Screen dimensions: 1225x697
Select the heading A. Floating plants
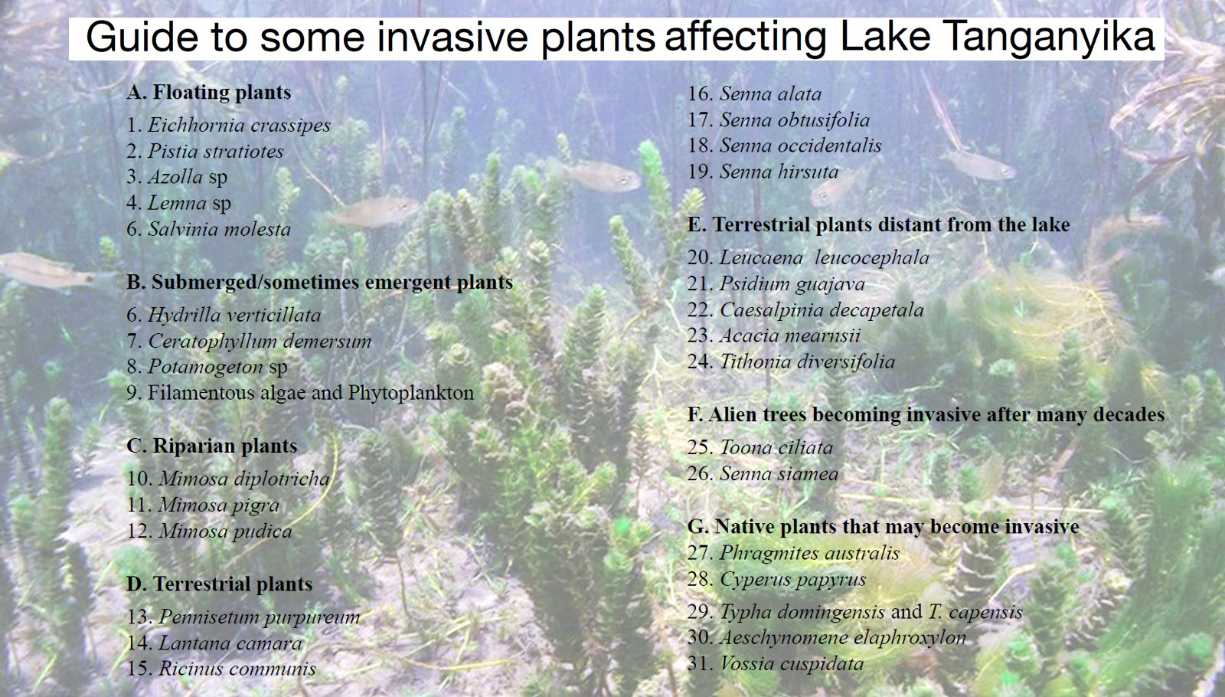pos(209,92)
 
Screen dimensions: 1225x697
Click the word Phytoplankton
pos(410,393)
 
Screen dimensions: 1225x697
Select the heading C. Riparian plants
pos(212,446)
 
